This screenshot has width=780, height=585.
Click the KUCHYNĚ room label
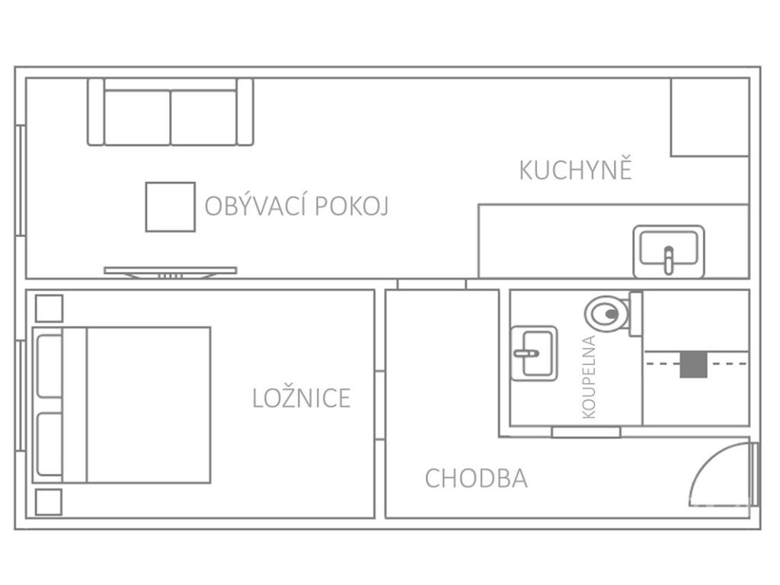pyautogui.click(x=575, y=169)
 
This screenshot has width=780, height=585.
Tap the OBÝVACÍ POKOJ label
pyautogui.click(x=296, y=206)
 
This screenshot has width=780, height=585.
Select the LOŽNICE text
pyautogui.click(x=301, y=398)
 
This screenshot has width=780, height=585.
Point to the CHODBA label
pyautogui.click(x=475, y=478)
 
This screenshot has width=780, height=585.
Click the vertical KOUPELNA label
pyautogui.click(x=588, y=377)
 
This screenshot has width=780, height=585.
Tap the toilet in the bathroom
pyautogui.click(x=608, y=312)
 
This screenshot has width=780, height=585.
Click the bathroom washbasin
pyautogui.click(x=533, y=352)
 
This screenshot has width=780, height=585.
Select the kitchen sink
pyautogui.click(x=668, y=251)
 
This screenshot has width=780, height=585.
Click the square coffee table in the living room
pyautogui.click(x=170, y=206)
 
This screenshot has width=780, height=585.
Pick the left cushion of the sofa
pyautogui.click(x=137, y=117)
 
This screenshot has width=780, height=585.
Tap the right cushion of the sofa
pyautogui.click(x=203, y=117)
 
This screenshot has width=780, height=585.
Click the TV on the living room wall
pyautogui.click(x=170, y=270)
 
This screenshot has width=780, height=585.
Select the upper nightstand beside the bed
pyautogui.click(x=49, y=308)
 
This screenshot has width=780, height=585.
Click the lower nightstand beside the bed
pyautogui.click(x=49, y=502)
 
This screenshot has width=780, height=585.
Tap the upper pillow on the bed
pyautogui.click(x=50, y=366)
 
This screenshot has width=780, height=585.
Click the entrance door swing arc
pyautogui.click(x=716, y=476)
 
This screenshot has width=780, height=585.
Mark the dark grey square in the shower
pyautogui.click(x=692, y=363)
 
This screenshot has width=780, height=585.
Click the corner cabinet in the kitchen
pyautogui.click(x=709, y=117)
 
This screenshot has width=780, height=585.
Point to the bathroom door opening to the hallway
pyautogui.click(x=586, y=433)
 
